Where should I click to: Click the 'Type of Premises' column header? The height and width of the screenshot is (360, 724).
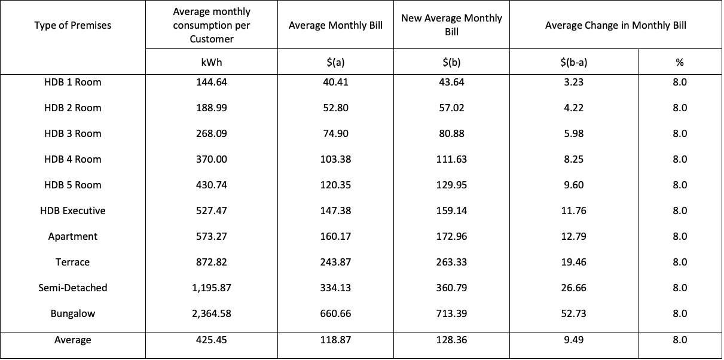point(73,25)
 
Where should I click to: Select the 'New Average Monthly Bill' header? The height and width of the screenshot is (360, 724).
point(451,25)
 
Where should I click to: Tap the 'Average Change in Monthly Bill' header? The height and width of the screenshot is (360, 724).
point(615,25)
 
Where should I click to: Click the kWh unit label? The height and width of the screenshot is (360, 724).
point(212,62)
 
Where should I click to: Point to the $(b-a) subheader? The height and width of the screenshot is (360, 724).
point(573,62)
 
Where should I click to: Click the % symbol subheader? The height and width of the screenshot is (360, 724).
point(680,62)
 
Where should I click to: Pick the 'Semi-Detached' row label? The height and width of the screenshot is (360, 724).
point(73,288)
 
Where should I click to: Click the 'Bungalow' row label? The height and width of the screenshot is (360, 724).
point(73,313)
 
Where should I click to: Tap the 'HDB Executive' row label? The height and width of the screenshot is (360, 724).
point(73,210)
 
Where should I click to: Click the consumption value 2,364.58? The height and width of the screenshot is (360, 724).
point(212,313)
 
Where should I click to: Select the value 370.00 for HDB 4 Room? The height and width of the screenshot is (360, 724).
point(212,159)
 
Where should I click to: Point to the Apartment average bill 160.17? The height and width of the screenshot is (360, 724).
point(335,236)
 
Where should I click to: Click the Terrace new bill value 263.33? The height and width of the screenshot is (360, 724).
point(451,262)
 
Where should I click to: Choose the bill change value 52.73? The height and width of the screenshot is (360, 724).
point(573,313)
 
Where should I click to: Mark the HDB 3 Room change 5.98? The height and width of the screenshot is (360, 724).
point(573,133)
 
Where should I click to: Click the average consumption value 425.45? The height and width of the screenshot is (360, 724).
point(212,340)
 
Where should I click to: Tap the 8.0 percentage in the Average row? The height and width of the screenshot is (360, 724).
point(680,340)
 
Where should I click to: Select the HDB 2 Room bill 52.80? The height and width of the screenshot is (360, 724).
point(335,108)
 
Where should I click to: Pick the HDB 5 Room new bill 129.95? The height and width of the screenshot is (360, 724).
point(451,185)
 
